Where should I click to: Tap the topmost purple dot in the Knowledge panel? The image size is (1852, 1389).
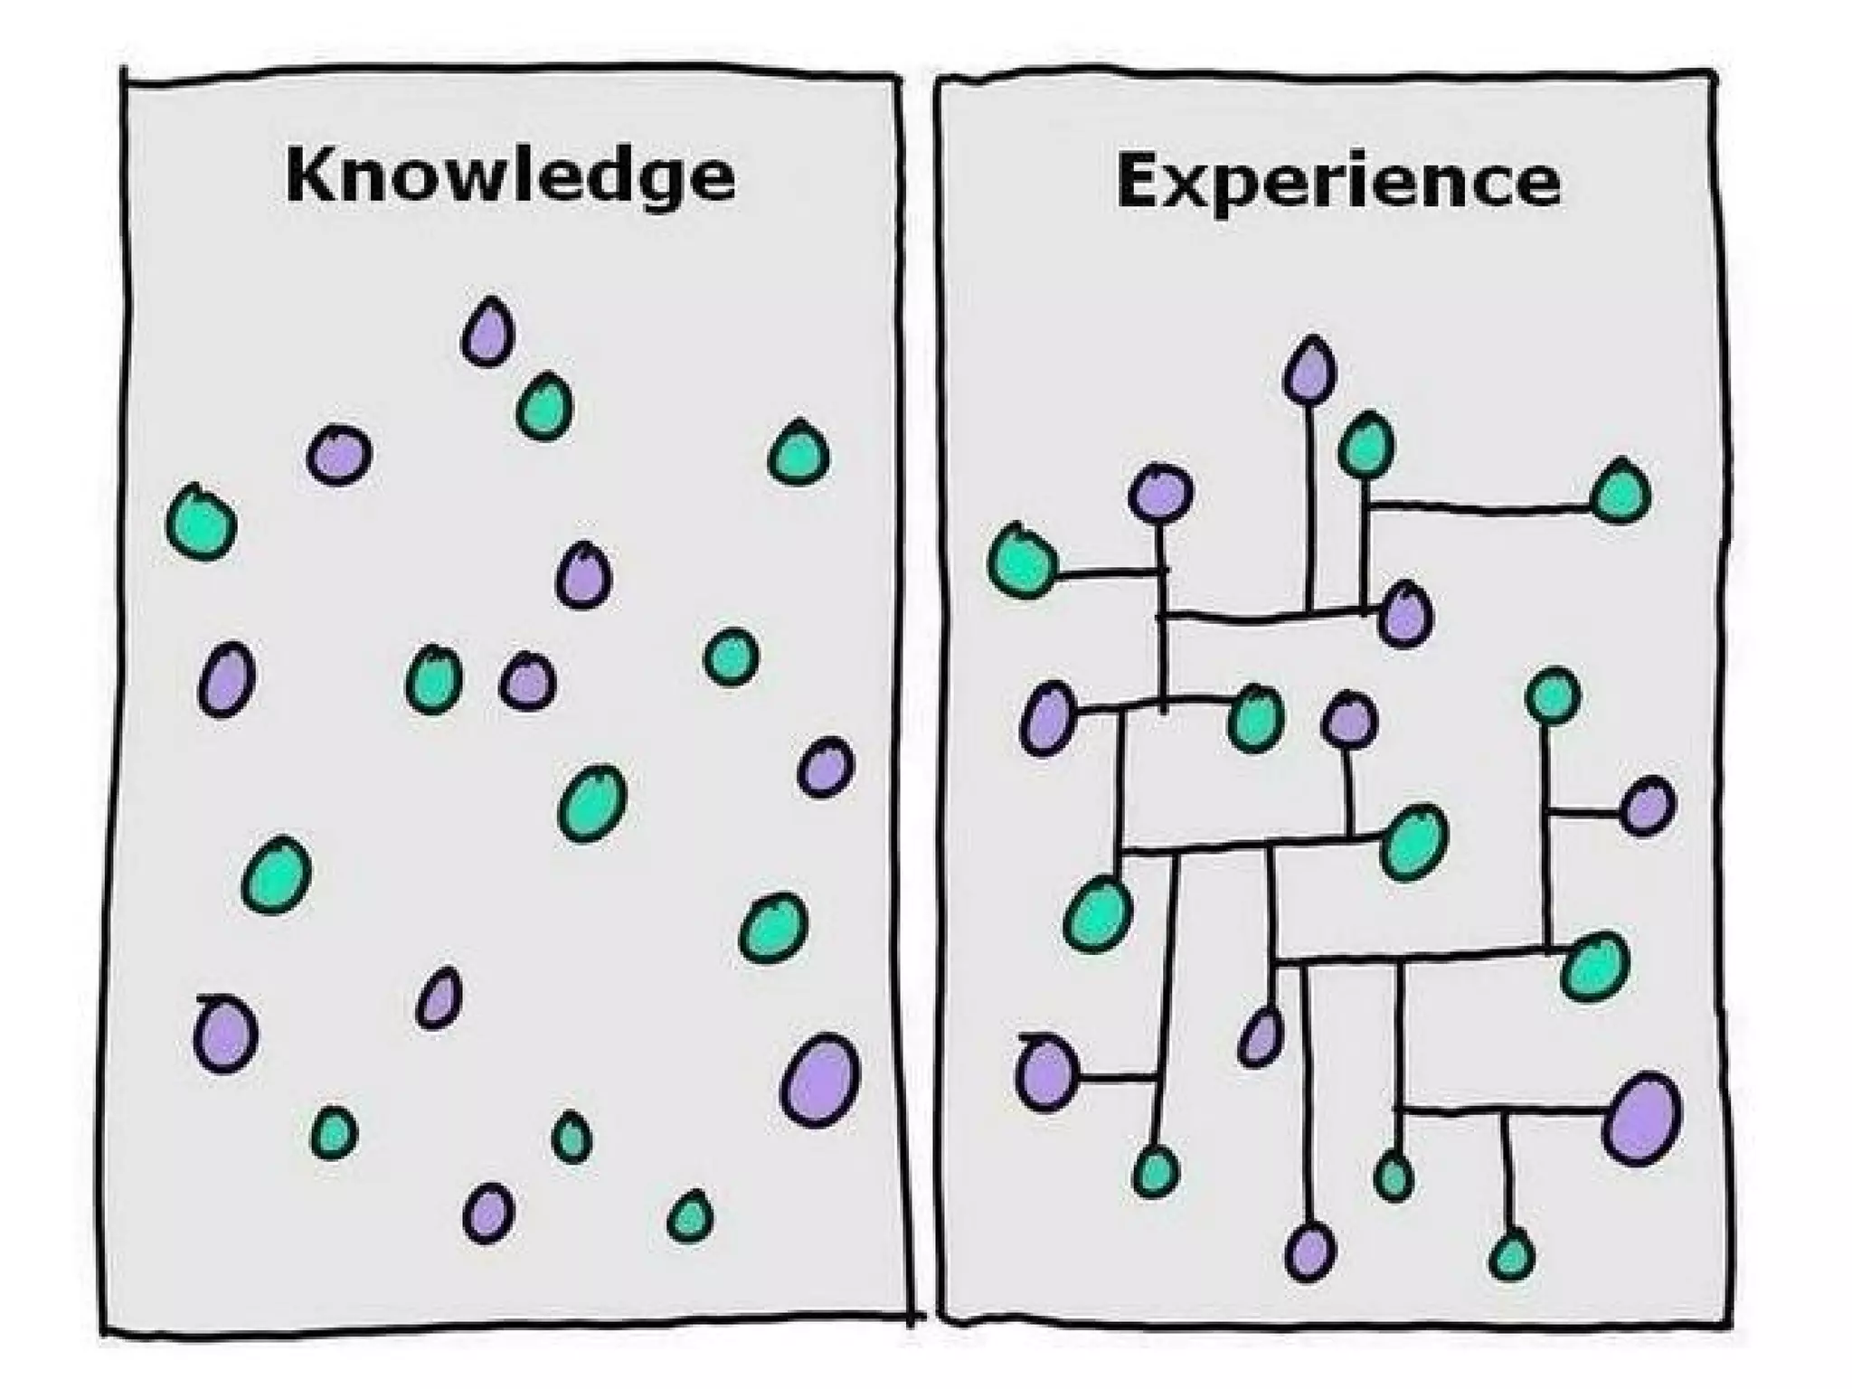(x=488, y=334)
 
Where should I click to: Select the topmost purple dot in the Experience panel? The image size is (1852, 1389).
(x=1309, y=370)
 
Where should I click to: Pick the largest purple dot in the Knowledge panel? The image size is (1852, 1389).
(x=819, y=1080)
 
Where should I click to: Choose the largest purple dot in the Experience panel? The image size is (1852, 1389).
(x=1641, y=1118)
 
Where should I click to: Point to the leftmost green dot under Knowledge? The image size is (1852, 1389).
(x=202, y=524)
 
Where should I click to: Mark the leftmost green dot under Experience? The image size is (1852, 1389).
(x=1023, y=562)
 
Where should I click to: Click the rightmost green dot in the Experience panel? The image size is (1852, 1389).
(x=1621, y=492)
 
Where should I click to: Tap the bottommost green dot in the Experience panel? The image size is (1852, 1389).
(x=1511, y=1255)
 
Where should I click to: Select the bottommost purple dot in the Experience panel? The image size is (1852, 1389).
(x=1309, y=1251)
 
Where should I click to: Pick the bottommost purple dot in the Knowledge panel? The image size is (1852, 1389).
(x=488, y=1213)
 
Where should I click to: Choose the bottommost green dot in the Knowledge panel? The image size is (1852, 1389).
(x=690, y=1216)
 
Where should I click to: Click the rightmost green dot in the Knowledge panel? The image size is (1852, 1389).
(x=798, y=452)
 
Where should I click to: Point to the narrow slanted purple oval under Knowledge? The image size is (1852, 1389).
(x=439, y=998)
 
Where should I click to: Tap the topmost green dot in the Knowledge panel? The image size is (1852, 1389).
(x=544, y=407)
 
